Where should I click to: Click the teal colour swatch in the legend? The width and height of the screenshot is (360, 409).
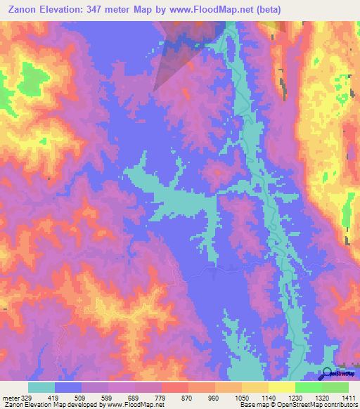click(x=41, y=387)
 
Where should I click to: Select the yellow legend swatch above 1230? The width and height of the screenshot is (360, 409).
click(x=281, y=387)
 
